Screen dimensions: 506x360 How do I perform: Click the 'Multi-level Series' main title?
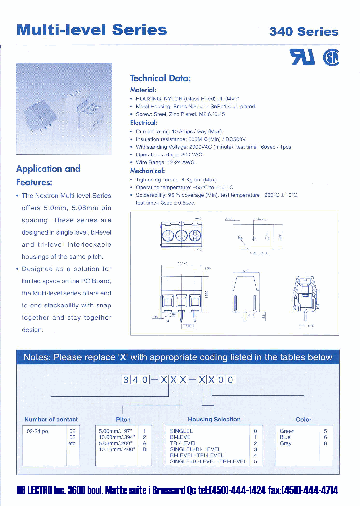coord(92,29)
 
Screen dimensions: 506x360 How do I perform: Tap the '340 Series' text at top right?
coord(304,32)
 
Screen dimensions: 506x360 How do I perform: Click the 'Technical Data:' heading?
coord(160,78)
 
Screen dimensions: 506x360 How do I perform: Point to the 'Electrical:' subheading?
coord(144,122)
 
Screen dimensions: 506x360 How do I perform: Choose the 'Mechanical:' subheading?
coord(147,170)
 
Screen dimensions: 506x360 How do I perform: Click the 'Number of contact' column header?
coord(51,420)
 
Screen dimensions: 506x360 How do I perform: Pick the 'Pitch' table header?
coord(123,420)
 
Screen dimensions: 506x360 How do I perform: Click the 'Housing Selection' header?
coord(214,420)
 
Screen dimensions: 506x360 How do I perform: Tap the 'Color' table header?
coord(303,420)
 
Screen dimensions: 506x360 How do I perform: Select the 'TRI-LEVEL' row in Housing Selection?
coord(183,443)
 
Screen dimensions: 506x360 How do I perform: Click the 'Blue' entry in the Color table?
coord(285,437)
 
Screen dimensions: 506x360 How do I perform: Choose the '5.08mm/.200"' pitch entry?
coord(116,443)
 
